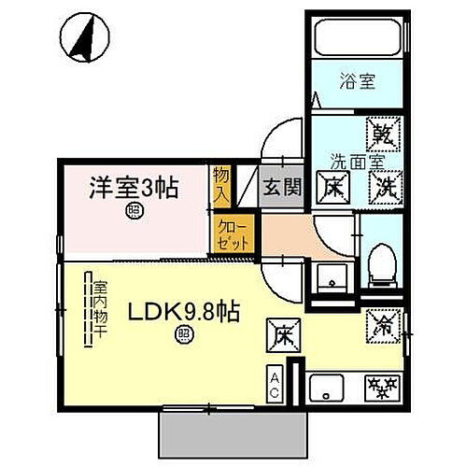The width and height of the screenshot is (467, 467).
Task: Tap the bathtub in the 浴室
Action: pyautogui.click(x=360, y=39)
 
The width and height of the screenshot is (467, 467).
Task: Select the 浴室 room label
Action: pyautogui.click(x=360, y=80)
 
